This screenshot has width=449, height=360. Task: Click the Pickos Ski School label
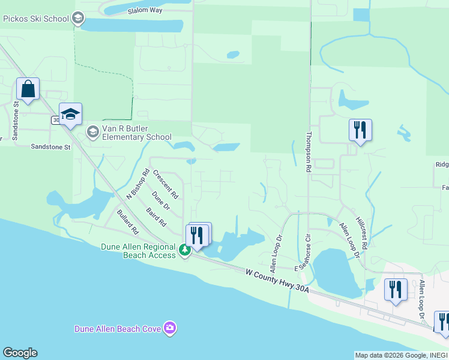tap(36, 19)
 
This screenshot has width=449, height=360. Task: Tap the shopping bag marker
tap(28, 90)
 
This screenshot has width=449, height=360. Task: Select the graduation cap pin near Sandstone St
tap(70, 115)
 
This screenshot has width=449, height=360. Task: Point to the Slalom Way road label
tap(145, 11)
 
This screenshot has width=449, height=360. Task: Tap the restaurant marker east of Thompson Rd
tap(360, 130)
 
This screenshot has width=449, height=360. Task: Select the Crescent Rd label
tap(166, 184)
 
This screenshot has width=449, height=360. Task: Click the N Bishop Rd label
tap(137, 184)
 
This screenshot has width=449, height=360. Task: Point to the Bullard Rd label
tap(128, 221)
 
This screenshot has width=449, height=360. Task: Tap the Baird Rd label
tap(156, 217)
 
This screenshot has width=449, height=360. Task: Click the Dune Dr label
tap(161, 201)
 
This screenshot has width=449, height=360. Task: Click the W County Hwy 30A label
tap(277, 281)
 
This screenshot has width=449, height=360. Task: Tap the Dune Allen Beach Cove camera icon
tap(170, 328)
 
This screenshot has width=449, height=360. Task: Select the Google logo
tap(20, 353)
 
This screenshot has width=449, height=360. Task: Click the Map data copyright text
tap(401, 355)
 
